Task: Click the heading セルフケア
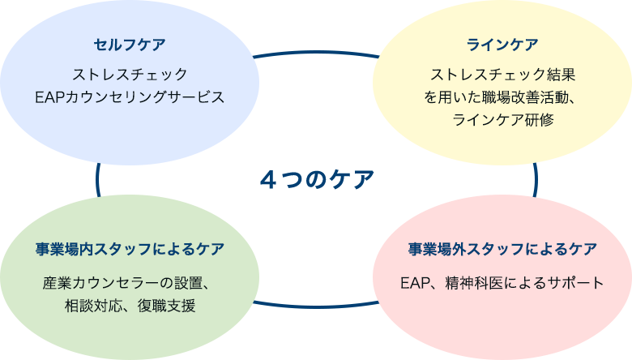coord(130,44)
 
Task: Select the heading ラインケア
coord(502,44)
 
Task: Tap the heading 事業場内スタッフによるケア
coord(130,249)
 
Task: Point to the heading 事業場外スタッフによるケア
coord(502,249)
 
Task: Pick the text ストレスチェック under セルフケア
coord(130,75)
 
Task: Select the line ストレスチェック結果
coord(502,75)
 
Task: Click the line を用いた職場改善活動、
coord(502,98)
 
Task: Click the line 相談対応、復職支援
coord(130,306)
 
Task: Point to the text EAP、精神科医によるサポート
coord(502,283)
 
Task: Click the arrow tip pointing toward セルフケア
coord(256,56)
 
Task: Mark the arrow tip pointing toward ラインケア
coord(376,56)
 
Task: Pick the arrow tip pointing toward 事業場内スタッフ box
coord(256,303)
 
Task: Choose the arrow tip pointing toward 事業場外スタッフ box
coord(376,303)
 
